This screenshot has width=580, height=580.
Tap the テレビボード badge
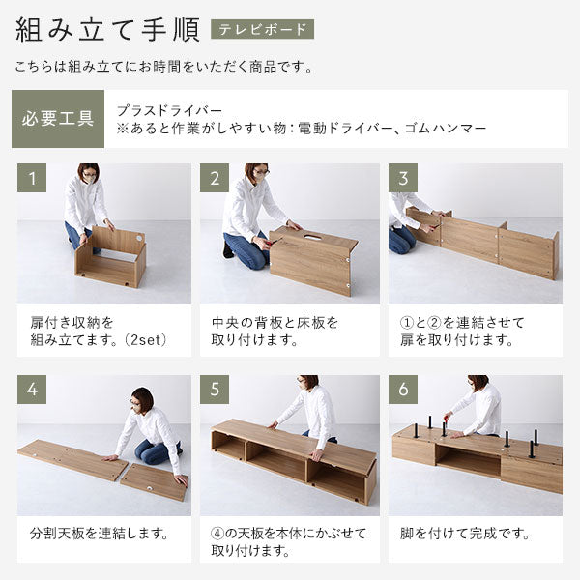click(262, 29)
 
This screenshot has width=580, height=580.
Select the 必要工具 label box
click(58, 120)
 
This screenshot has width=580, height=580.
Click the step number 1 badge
click(32, 178)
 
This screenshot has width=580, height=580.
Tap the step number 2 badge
click(215, 178)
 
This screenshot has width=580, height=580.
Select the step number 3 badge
click(403, 178)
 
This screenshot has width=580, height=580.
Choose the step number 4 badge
click(32, 390)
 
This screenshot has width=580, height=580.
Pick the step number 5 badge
click(215, 390)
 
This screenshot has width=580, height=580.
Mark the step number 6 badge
click(403, 390)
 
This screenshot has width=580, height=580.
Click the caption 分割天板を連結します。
click(100, 533)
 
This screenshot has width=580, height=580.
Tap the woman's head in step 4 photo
click(141, 398)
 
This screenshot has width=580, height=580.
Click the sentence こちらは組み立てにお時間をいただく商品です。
click(164, 68)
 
